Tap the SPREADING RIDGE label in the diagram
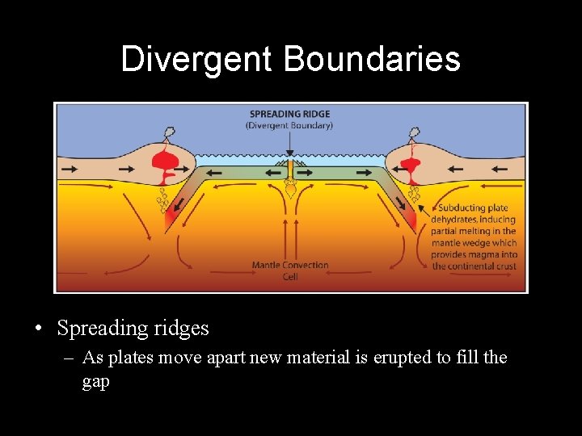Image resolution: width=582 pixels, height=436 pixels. pyautogui.click(x=289, y=114)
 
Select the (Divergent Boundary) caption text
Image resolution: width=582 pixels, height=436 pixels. pyautogui.click(x=289, y=125)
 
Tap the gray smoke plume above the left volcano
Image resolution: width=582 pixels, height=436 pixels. pyautogui.click(x=171, y=132)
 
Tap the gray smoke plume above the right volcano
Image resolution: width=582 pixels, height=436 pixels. pyautogui.click(x=415, y=132)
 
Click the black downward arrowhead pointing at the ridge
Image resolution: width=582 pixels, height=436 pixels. pyautogui.click(x=289, y=153)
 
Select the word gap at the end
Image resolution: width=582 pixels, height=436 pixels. pyautogui.click(x=95, y=381)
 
